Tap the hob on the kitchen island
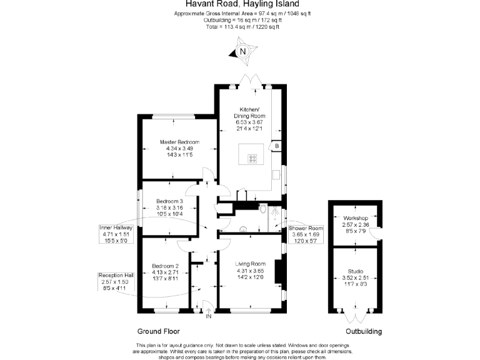point(253,159)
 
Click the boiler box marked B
point(276,146)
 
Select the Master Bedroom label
point(179,148)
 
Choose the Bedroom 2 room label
point(166,272)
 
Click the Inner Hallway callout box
point(115,234)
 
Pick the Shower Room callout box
point(306,234)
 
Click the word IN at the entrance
point(209,317)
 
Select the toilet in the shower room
point(264,209)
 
